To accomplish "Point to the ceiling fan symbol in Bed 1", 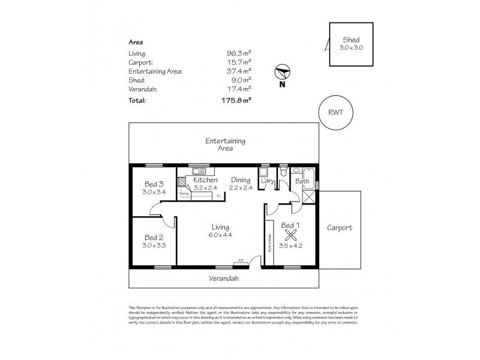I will [x=291, y=235].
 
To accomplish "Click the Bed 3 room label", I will [x=154, y=184].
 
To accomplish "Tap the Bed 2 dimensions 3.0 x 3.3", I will [x=154, y=245].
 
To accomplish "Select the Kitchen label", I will [x=205, y=180].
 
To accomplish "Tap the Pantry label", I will [x=184, y=193].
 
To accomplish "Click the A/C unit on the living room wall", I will [x=239, y=261].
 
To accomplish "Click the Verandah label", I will [x=224, y=278].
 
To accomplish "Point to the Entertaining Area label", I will [x=225, y=144].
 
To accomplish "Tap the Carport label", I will [x=340, y=228].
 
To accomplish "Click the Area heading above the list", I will [x=136, y=42].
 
